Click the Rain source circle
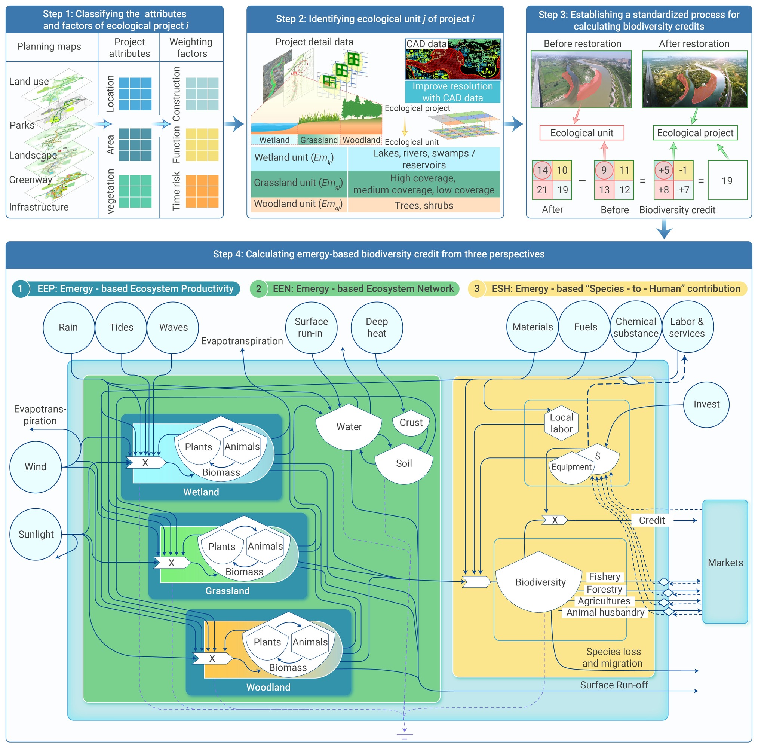point(69,328)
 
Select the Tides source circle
point(121,328)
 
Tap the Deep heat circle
point(377,328)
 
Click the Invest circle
point(706,405)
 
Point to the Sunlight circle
point(36,534)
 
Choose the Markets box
point(725,561)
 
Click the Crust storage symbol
point(411,423)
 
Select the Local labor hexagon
point(561,423)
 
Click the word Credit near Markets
point(652,520)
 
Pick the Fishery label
point(605,576)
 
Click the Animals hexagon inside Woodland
point(310,642)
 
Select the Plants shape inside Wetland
point(198,447)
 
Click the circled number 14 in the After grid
point(542,170)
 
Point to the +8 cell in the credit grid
point(663,190)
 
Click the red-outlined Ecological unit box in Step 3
point(582,133)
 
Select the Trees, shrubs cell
point(424,205)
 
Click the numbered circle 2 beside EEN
point(258,289)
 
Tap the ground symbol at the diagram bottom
point(405,736)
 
